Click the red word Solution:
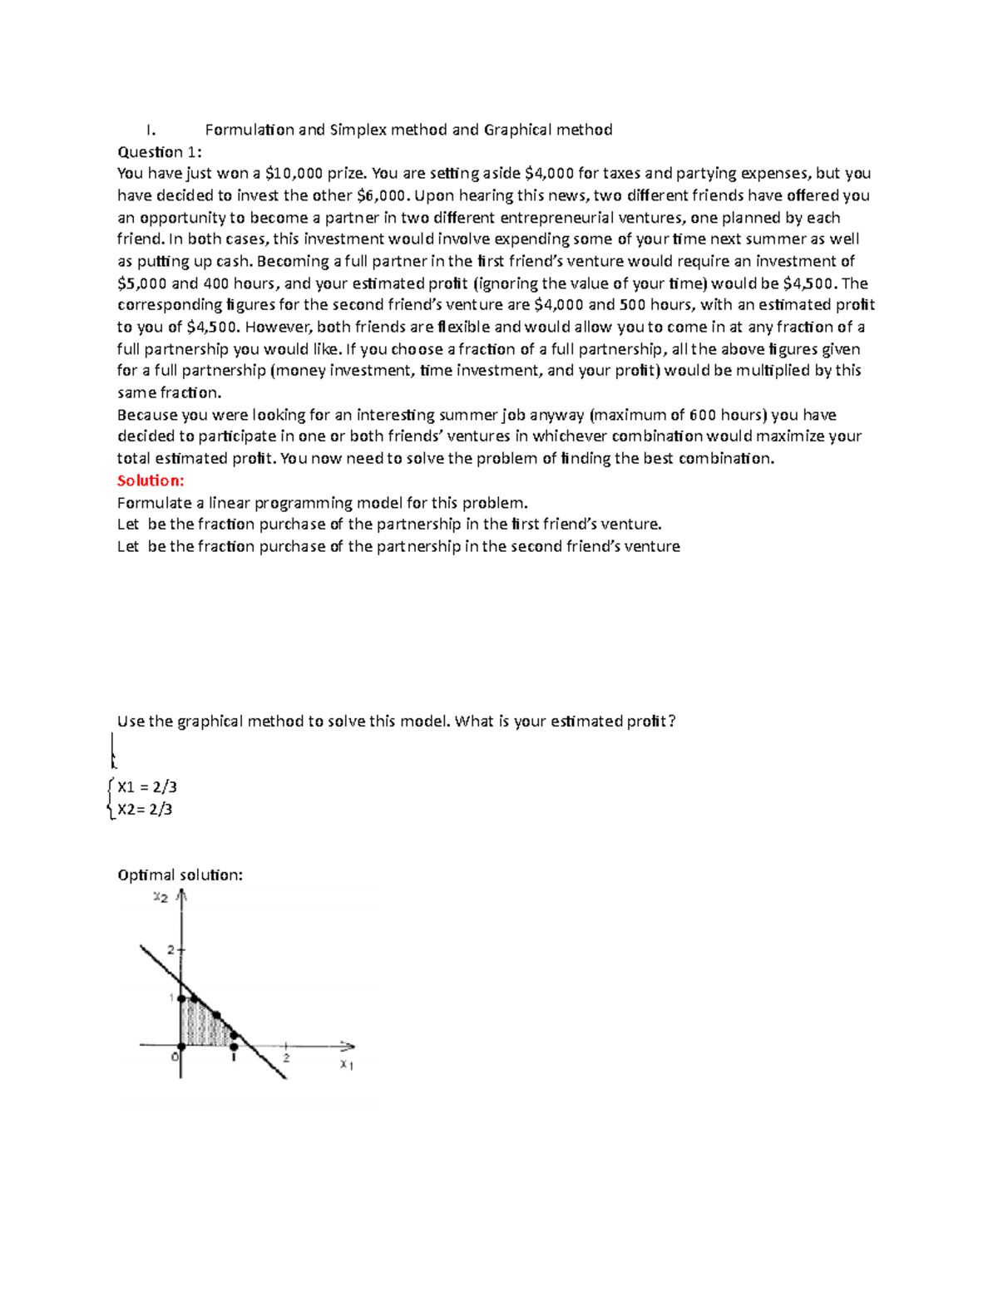tap(151, 480)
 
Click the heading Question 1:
tap(159, 151)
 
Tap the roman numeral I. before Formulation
tap(150, 130)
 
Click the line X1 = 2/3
tap(147, 787)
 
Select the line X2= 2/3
tap(145, 809)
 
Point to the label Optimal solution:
tap(180, 875)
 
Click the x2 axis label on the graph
tap(161, 897)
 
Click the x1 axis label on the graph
tap(346, 1065)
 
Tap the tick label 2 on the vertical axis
tap(170, 949)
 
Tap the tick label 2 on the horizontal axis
tap(286, 1058)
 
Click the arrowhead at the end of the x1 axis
tap(348, 1046)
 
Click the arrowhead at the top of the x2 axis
tap(182, 896)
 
